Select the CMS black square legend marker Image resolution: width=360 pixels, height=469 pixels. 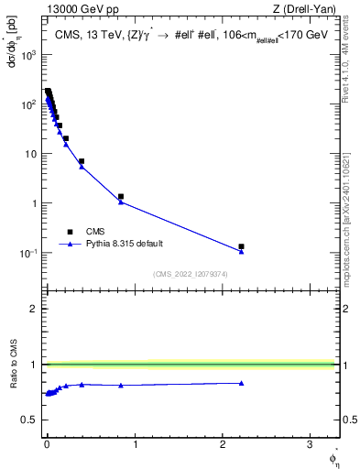point(70,232)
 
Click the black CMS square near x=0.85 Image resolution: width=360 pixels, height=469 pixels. point(121,196)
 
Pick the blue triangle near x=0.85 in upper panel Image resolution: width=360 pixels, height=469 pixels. point(121,202)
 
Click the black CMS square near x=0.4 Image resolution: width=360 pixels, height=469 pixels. point(82,161)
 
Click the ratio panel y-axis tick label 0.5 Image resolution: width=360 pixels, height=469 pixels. point(29,420)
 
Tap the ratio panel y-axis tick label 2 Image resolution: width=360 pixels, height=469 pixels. point(33,309)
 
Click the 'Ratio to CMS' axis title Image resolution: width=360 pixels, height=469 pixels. point(12,364)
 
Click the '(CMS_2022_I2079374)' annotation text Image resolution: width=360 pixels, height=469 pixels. point(190,274)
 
